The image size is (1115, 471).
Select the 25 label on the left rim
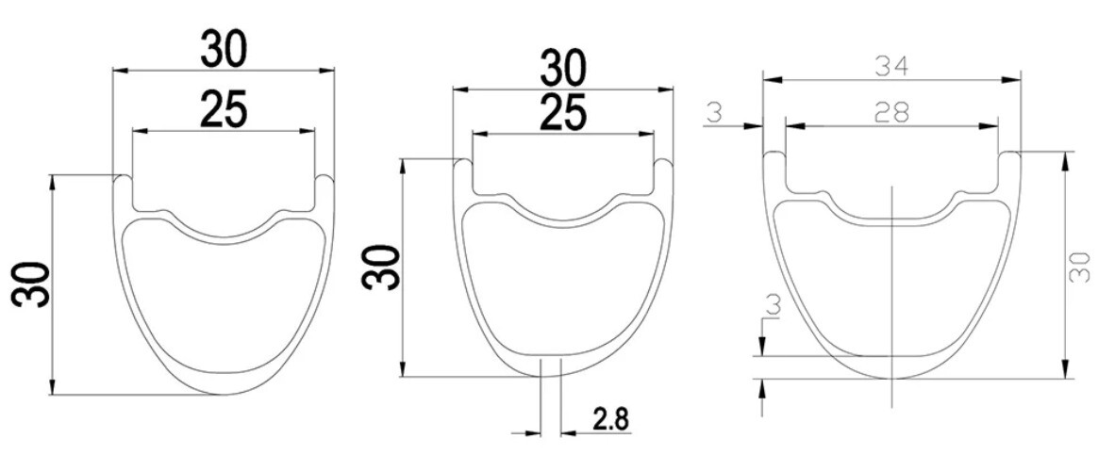point(224,111)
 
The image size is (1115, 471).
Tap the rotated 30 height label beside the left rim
point(32,284)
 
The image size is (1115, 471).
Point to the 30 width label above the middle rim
point(563,69)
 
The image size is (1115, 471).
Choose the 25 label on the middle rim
point(563,113)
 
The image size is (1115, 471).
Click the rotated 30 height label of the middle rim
point(380,268)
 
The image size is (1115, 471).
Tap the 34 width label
point(892,69)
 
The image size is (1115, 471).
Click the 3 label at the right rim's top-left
point(713,112)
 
